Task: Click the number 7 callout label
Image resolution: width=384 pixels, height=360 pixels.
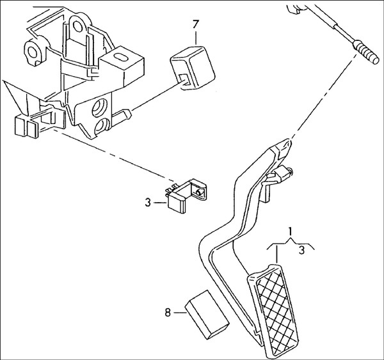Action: click(196, 26)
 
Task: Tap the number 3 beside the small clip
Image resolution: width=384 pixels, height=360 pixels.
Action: click(147, 205)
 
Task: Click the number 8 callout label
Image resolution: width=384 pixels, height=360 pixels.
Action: click(168, 313)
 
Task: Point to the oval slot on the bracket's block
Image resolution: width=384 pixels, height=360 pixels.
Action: click(119, 59)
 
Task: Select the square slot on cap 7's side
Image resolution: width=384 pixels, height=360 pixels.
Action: click(183, 79)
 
